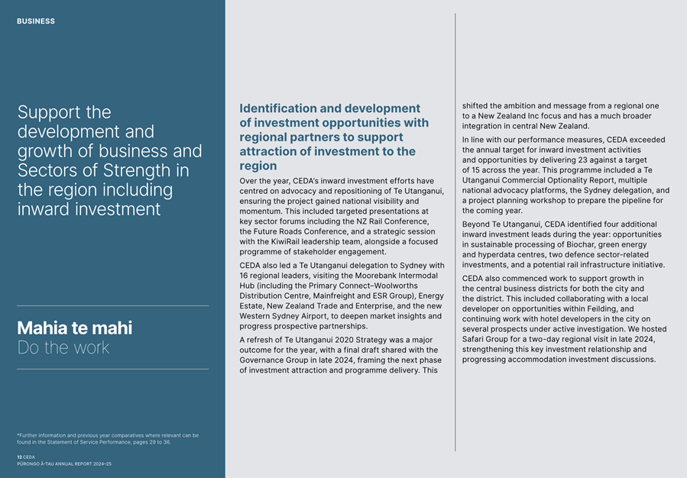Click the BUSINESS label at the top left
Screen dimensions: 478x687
tap(36, 21)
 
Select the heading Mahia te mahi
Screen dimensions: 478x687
tap(74, 328)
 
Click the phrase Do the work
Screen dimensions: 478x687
tap(63, 348)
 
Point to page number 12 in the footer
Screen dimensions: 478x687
tap(19, 457)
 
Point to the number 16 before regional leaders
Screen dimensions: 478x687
tap(245, 276)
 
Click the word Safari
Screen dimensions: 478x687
tap(478, 339)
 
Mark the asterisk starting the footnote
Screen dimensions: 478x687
tap(18, 436)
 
